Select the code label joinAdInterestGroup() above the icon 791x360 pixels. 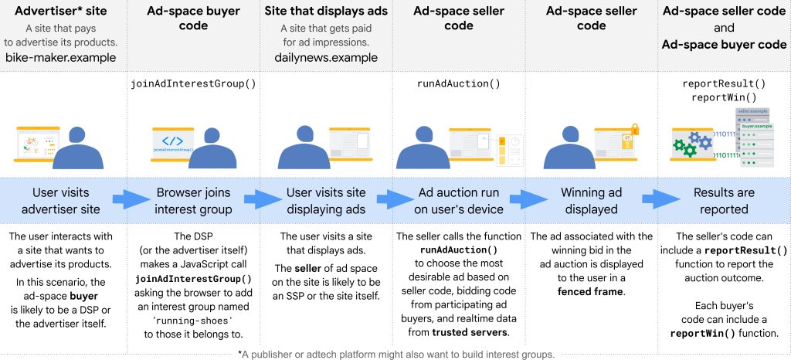[x=191, y=83]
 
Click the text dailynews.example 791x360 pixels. [x=326, y=57]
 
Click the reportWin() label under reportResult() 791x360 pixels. [x=725, y=98]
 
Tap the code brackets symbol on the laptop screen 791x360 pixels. [x=172, y=141]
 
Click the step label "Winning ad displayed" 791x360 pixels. [x=592, y=201]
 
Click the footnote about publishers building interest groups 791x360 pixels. [x=395, y=353]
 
